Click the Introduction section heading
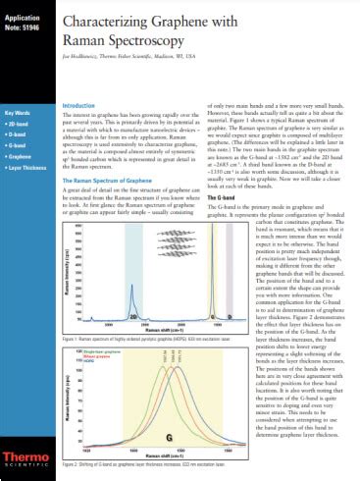pos(78,105)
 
